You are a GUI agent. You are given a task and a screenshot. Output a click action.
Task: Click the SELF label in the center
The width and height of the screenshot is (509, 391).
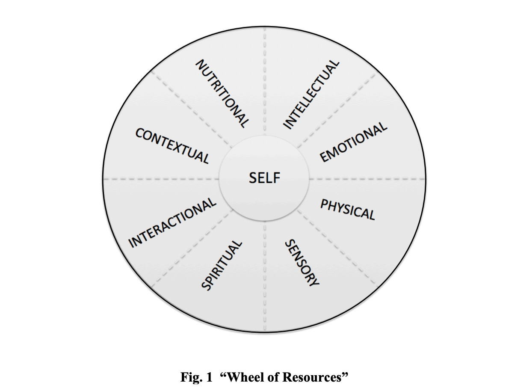point(264,178)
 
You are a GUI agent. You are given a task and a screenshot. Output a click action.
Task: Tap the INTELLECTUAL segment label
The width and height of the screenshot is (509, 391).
point(311,94)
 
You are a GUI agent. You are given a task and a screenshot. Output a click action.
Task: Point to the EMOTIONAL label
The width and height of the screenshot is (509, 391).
point(353,143)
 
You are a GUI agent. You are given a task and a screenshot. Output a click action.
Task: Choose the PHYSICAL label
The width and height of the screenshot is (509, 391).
point(348,209)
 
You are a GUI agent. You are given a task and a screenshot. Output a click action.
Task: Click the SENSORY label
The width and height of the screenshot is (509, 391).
point(302,263)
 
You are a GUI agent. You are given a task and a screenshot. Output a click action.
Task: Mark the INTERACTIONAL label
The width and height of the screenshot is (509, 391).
point(173,222)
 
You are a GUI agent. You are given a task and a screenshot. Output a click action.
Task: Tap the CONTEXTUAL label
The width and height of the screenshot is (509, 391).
point(172,146)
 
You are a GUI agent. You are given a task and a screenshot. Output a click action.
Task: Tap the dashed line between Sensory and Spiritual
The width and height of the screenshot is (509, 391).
point(264,278)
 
